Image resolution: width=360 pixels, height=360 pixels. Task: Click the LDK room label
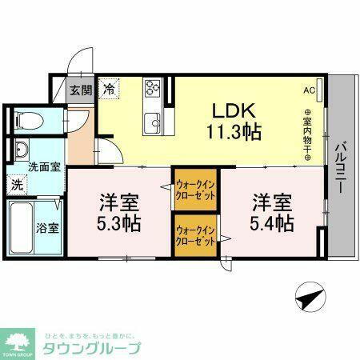pos(234,110)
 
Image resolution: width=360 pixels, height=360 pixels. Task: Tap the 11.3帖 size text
pos(234,131)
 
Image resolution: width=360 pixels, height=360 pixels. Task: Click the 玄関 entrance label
pos(78,90)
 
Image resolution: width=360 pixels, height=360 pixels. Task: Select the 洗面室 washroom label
pos(22,167)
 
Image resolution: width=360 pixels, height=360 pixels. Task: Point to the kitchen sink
pos(152,123)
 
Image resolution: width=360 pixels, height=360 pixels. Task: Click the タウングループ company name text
pos(93,349)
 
